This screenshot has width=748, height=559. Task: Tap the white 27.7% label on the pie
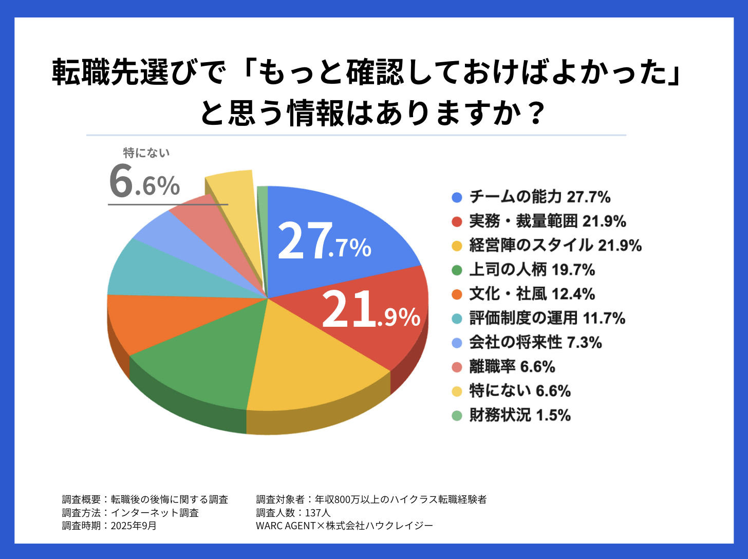[x=324, y=241]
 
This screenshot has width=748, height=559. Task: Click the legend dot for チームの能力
[x=457, y=197]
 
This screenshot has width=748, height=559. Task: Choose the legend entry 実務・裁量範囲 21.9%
[x=547, y=221]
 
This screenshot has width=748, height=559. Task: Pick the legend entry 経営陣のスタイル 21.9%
[x=555, y=246]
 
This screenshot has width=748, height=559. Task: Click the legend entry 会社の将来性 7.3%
[x=535, y=343]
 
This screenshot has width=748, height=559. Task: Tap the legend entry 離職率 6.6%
[x=512, y=367]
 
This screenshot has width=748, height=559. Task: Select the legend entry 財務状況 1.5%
[x=520, y=415]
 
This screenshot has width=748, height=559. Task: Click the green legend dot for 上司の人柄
[x=457, y=270]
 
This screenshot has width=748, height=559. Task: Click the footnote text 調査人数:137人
[x=293, y=513]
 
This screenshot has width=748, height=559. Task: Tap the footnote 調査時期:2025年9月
[x=109, y=526]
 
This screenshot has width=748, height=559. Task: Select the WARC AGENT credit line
[x=344, y=526]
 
